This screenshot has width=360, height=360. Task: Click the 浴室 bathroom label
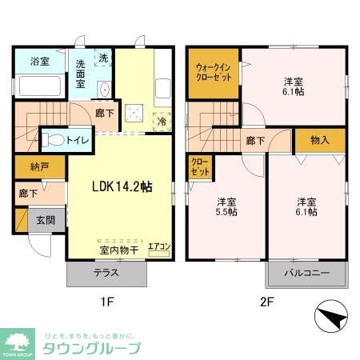tap(39, 62)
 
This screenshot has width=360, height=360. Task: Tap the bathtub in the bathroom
tap(40, 86)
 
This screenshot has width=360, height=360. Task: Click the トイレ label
tap(78, 140)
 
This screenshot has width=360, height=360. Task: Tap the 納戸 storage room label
tap(28, 168)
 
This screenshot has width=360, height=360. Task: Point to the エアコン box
tap(159, 247)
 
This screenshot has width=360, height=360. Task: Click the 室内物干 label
tap(118, 250)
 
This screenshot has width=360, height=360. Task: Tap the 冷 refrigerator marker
tap(162, 122)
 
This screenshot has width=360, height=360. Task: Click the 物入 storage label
tap(319, 140)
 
